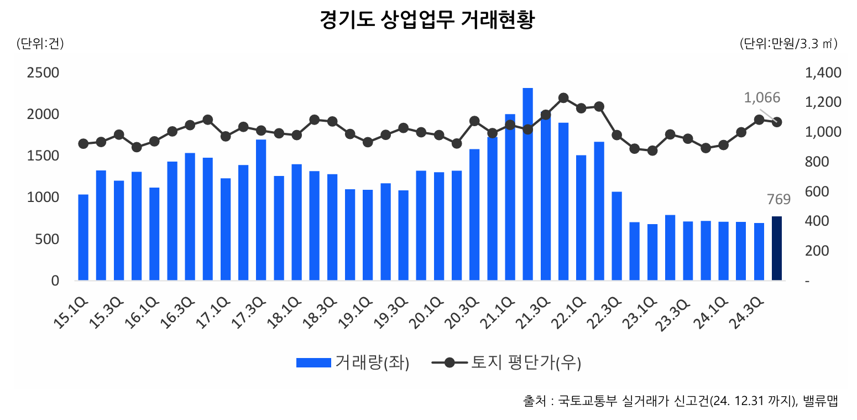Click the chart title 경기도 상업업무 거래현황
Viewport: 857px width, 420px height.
coord(427,20)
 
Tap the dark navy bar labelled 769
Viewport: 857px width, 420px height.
coord(776,248)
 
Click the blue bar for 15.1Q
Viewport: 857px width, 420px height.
coord(83,237)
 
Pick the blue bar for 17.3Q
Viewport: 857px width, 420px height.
coord(261,210)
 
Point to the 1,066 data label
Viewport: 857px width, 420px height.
coord(761,98)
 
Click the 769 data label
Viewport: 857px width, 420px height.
coord(778,200)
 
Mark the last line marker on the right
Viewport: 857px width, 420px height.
coord(776,122)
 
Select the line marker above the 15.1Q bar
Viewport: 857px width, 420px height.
coord(83,144)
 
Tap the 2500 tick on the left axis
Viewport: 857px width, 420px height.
coord(44,73)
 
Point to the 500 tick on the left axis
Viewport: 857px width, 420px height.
coord(48,239)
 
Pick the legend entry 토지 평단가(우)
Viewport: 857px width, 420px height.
coord(525,363)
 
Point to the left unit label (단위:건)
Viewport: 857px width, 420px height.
coord(40,44)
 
